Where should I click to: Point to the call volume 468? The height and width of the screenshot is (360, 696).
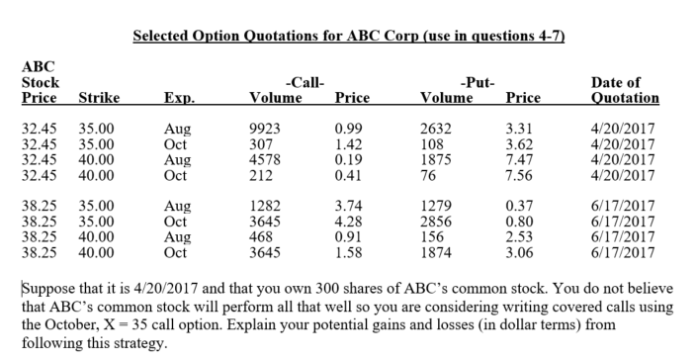(x=263, y=237)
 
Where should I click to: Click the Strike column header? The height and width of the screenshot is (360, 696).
(x=98, y=98)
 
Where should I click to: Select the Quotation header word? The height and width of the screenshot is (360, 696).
(x=624, y=98)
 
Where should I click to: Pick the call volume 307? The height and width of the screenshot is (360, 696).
(x=263, y=143)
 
